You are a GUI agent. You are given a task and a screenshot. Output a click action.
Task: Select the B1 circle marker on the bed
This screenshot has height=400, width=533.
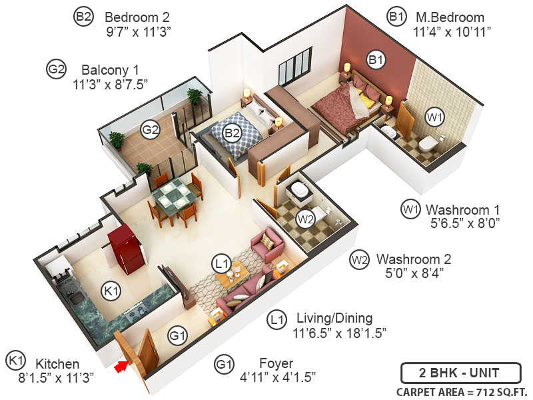coord(376,60)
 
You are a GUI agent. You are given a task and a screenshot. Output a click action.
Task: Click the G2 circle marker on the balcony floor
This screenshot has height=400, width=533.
coord(151,129)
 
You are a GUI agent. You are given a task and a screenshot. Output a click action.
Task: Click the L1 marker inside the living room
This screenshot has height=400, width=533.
coord(222,263)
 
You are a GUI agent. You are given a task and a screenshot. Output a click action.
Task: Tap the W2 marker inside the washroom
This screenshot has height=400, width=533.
coord(305,218)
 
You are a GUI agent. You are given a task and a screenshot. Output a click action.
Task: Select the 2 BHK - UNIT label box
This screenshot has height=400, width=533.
coord(451,372)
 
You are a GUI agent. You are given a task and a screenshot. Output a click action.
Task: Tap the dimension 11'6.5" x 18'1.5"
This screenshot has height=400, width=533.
coord(339,332)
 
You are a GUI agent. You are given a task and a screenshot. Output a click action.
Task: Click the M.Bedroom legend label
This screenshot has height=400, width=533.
coord(449,17)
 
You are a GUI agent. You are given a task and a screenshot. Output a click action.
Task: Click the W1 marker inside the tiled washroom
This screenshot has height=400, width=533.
coord(434,118)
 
